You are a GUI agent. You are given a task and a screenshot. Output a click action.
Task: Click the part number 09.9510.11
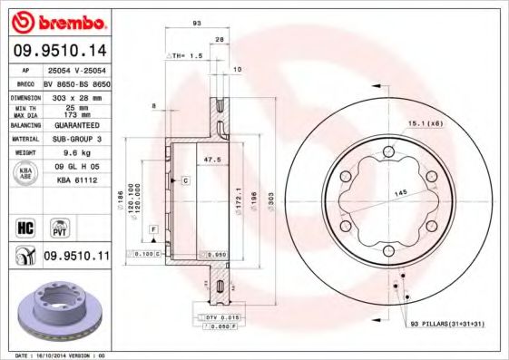[x=76, y=258]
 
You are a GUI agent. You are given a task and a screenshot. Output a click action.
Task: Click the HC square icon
[x=25, y=227]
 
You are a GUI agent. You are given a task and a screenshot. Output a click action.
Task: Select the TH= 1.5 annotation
[x=186, y=54]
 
